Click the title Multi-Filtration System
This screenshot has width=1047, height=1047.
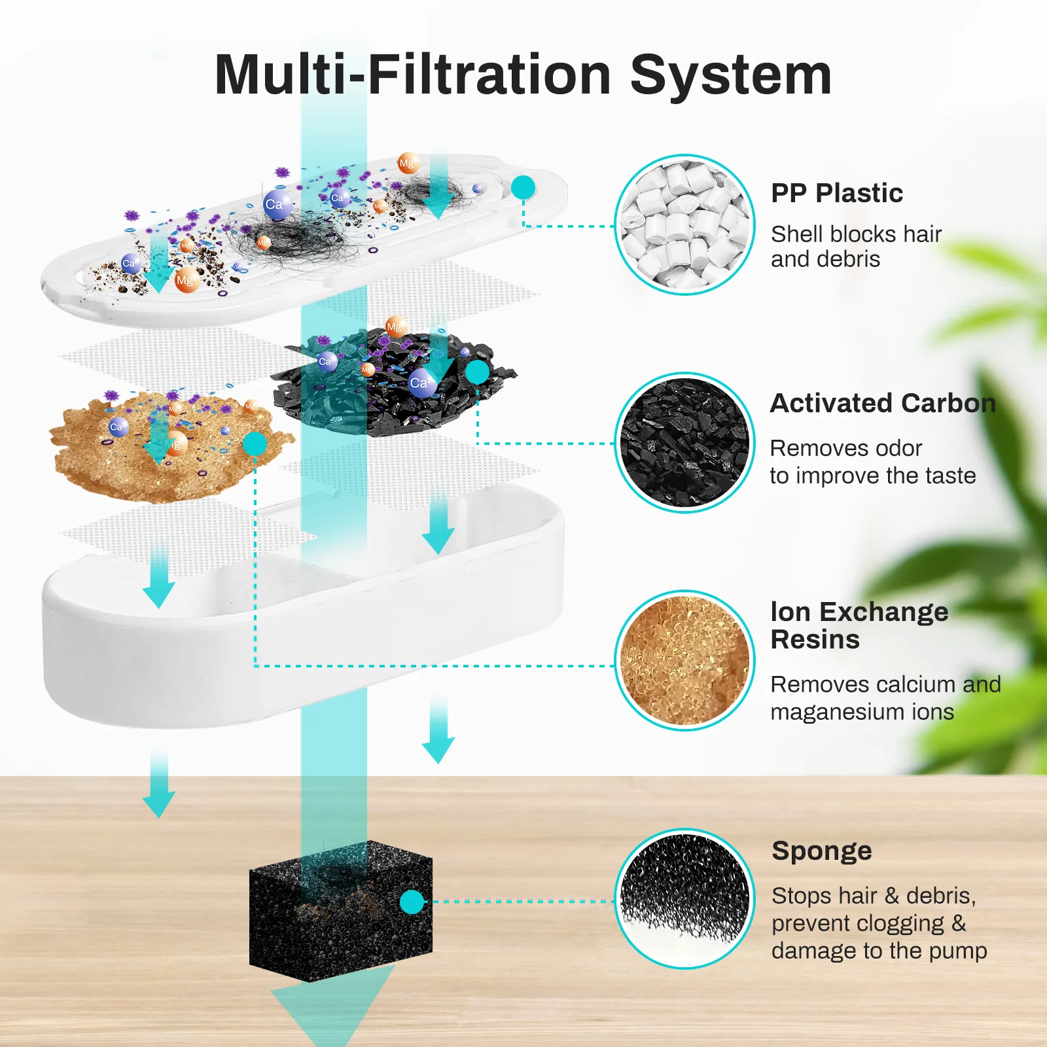click(x=523, y=75)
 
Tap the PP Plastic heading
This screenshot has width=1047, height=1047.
click(x=837, y=193)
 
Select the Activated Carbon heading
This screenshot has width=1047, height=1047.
click(x=883, y=403)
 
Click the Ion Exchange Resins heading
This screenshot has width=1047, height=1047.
click(x=859, y=625)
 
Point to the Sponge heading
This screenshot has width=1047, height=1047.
click(x=822, y=851)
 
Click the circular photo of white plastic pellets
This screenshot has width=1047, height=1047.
click(x=684, y=224)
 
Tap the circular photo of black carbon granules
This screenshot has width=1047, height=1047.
click(x=684, y=442)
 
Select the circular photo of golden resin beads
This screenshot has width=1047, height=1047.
click(x=684, y=660)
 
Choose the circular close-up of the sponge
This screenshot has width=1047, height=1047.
click(x=684, y=898)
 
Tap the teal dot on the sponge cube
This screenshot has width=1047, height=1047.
click(x=412, y=902)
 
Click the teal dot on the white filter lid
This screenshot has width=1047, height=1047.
click(x=523, y=188)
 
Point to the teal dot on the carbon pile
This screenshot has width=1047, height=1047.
click(x=477, y=372)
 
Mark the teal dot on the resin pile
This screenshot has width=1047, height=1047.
click(x=255, y=444)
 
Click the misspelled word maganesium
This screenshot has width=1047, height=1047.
click(x=862, y=712)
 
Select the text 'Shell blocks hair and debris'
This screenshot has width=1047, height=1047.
click(x=856, y=246)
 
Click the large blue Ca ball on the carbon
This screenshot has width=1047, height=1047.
click(x=422, y=383)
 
